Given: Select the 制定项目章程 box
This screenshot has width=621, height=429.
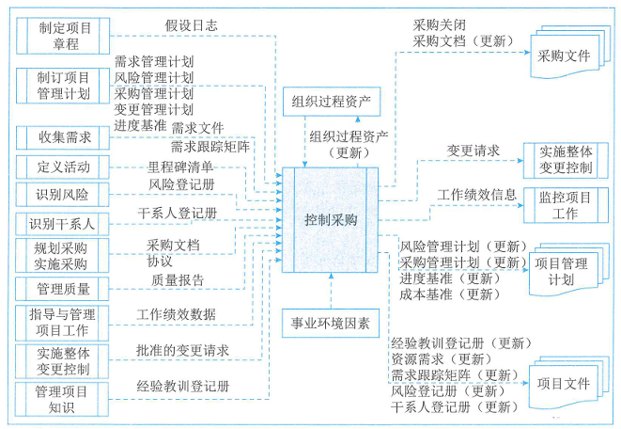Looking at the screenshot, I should pyautogui.click(x=65, y=36).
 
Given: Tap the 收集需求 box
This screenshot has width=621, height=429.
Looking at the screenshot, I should pyautogui.click(x=65, y=136).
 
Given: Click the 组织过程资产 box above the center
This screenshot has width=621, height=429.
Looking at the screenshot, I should pyautogui.click(x=332, y=101).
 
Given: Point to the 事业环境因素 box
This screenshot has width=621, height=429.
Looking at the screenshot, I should pyautogui.click(x=331, y=325).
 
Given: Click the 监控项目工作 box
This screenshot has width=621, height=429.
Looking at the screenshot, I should pyautogui.click(x=565, y=206).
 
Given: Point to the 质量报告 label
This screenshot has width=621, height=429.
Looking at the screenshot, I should pyautogui.click(x=178, y=278).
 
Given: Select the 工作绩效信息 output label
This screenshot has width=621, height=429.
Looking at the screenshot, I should pyautogui.click(x=476, y=195).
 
